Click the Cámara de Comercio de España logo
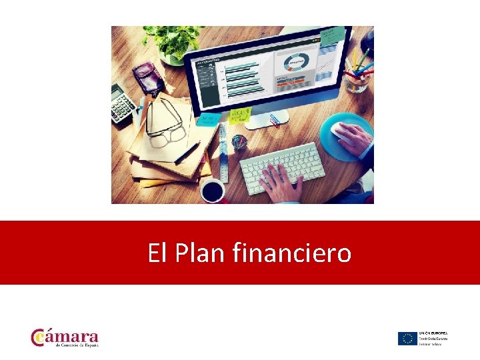tap(65, 337)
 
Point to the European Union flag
tap(407, 338)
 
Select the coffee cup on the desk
tap(213, 189)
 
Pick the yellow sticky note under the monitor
tap(239, 115)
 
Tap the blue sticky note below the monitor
tap(207, 118)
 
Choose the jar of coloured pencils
tap(358, 73)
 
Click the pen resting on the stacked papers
tap(187, 152)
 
